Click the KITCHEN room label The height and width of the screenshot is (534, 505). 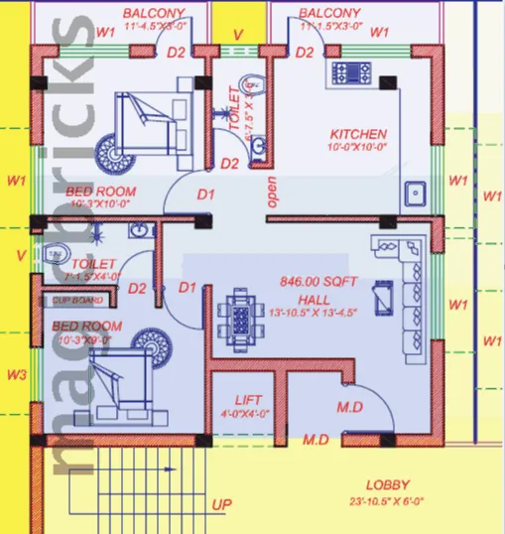(358, 134)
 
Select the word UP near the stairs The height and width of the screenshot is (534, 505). (222, 505)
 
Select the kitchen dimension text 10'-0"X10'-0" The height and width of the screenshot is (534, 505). (358, 148)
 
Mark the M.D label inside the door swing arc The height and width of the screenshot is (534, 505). (348, 407)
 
